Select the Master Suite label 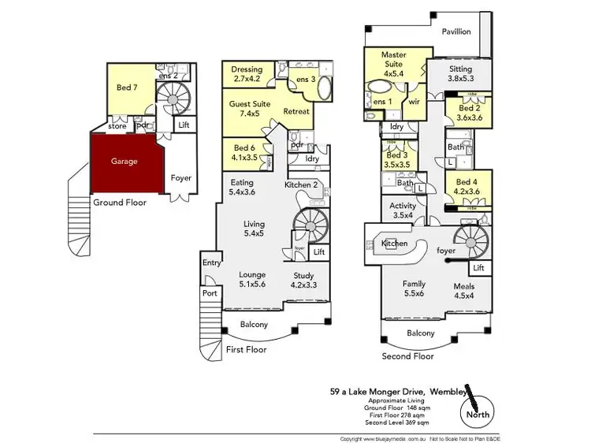[x=393, y=60]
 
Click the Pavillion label [x=456, y=32]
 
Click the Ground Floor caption [x=120, y=203]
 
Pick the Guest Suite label [x=248, y=108]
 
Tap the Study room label [x=303, y=281]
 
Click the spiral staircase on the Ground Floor [x=167, y=100]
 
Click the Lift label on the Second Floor [x=478, y=268]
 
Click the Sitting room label [x=460, y=73]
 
